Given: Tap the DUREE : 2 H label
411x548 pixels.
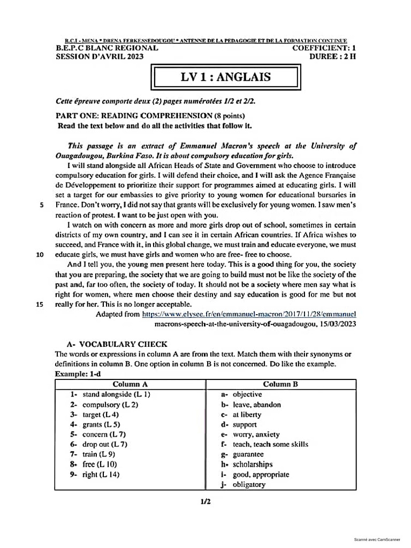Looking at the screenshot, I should (332, 56).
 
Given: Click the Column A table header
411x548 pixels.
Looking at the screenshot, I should (130, 384).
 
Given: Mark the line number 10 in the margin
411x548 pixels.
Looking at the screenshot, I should (39, 254).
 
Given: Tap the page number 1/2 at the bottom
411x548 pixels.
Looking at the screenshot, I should (205, 501).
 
